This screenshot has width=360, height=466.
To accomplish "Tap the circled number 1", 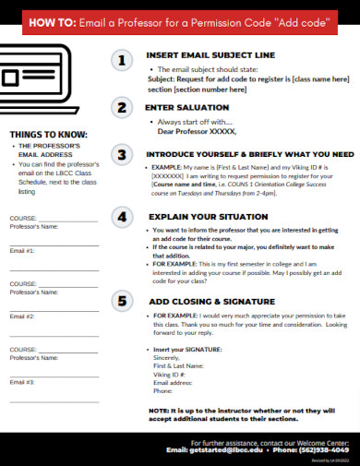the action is [121, 61].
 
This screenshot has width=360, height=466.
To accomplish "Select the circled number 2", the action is [121, 108].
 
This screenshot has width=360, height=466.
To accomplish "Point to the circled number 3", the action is [121, 154].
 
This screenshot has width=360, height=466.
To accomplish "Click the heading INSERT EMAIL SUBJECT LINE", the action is [210, 55].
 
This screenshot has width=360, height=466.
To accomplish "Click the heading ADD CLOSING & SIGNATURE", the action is [212, 301].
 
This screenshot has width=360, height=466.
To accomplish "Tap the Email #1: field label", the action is [22, 250].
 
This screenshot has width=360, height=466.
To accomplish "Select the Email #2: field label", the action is [22, 316].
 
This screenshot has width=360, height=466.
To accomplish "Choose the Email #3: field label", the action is [22, 381].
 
